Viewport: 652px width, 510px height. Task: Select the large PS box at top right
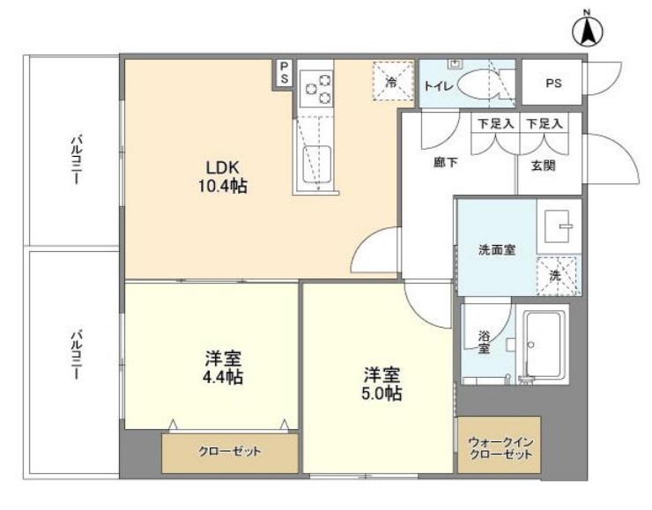click(552, 84)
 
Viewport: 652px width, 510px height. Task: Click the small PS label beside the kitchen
click(284, 73)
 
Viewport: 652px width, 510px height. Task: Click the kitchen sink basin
click(316, 165)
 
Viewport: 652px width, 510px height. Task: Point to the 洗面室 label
click(496, 249)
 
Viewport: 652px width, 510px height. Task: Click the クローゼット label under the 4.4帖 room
click(230, 453)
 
